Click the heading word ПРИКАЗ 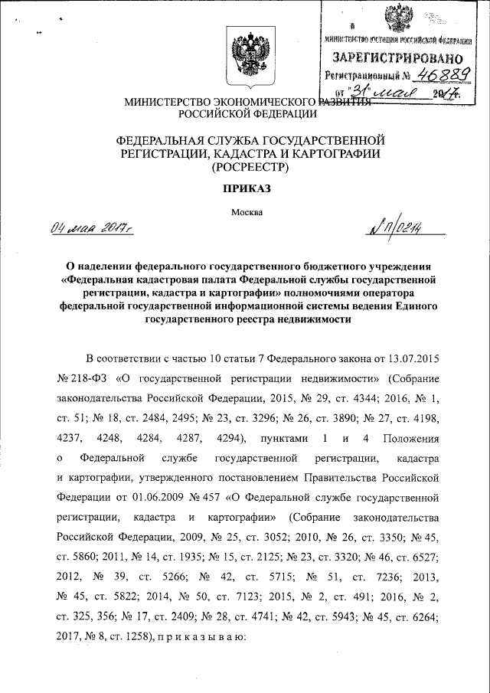(246, 188)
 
